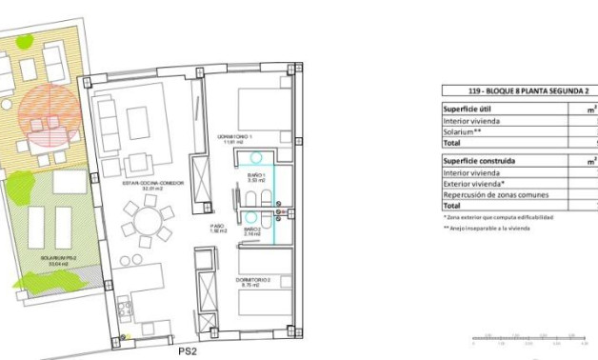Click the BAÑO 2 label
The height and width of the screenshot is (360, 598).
252,230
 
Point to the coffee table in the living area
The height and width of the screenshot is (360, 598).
139,122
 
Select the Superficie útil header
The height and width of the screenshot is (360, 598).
467,109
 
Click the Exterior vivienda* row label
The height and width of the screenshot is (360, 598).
475,183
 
